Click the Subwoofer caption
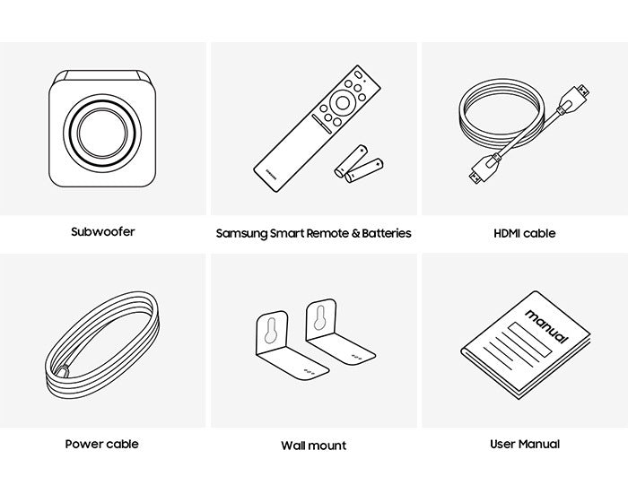(x=103, y=232)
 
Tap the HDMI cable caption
(x=525, y=233)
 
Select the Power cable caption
(x=101, y=444)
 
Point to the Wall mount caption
(x=314, y=446)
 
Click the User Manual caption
(x=525, y=444)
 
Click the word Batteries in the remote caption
(x=387, y=233)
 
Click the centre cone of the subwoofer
(x=102, y=133)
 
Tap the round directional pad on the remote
(x=343, y=103)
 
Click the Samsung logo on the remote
(x=271, y=174)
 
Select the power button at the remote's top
(x=359, y=75)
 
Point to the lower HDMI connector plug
(x=482, y=169)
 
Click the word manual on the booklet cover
(x=546, y=326)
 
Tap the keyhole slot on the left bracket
(x=271, y=330)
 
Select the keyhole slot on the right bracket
(x=319, y=318)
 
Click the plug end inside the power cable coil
(x=63, y=370)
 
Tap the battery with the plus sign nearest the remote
(x=352, y=160)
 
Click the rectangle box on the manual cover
(x=530, y=340)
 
